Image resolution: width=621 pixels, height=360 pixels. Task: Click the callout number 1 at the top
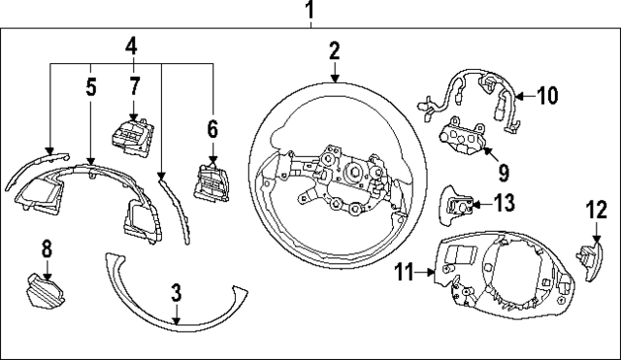click(310, 12)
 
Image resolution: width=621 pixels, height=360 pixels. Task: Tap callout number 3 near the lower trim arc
click(177, 292)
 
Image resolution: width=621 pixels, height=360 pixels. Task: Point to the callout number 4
click(131, 46)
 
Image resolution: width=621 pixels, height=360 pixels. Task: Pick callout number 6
click(212, 127)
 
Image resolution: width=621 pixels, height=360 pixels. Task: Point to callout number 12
click(594, 209)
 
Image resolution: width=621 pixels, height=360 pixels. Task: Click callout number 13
click(504, 203)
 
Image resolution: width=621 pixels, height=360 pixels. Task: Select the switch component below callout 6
click(212, 180)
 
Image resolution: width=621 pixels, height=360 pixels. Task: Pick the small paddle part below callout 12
click(588, 260)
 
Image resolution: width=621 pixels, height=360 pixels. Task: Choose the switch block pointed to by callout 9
click(464, 140)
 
